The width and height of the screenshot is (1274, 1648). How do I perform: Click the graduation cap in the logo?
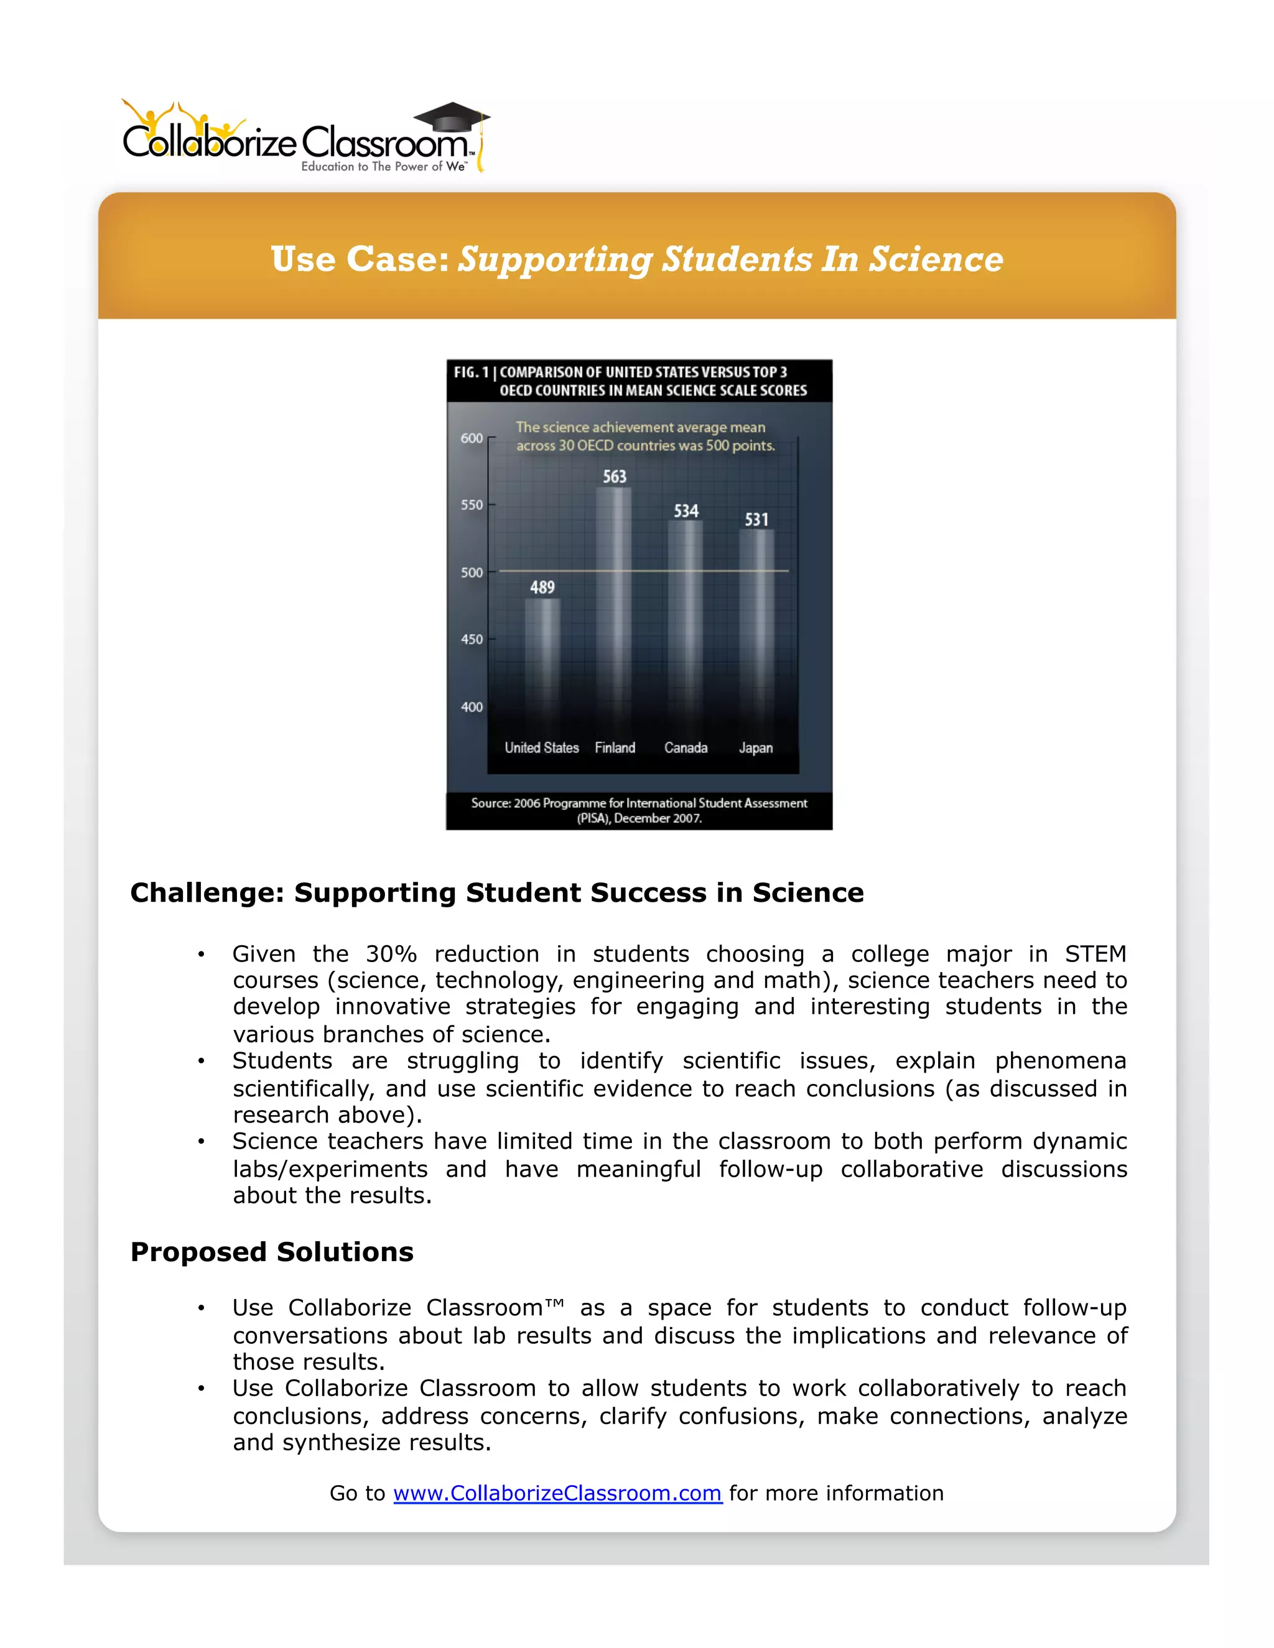pyautogui.click(x=452, y=118)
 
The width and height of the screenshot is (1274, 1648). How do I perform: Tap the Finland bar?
pyautogui.click(x=613, y=604)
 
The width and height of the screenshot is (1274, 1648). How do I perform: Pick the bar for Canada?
pyautogui.click(x=686, y=619)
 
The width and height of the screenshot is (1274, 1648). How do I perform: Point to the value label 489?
pyautogui.click(x=542, y=587)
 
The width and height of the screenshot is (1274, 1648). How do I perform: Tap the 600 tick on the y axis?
pyautogui.click(x=472, y=438)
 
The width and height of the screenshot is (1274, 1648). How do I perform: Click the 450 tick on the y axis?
pyautogui.click(x=472, y=639)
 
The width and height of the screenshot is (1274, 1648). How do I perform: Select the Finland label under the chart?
pyautogui.click(x=615, y=748)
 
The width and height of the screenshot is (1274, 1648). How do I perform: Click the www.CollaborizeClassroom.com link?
pyautogui.click(x=557, y=1493)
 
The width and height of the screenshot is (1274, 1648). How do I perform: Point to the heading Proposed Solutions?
pyautogui.click(x=272, y=1252)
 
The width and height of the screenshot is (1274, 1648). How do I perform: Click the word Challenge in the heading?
pyautogui.click(x=206, y=892)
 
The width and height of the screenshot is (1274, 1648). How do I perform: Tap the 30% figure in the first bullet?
pyautogui.click(x=391, y=954)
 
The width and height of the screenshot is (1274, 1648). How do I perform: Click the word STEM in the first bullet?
pyautogui.click(x=1095, y=954)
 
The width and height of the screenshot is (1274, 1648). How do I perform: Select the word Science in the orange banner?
pyautogui.click(x=936, y=259)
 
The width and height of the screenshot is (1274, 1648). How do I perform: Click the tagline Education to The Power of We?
pyautogui.click(x=383, y=166)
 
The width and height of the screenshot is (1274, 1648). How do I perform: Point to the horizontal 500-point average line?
pyautogui.click(x=644, y=570)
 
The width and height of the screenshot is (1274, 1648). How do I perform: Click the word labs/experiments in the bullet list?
pyautogui.click(x=330, y=1169)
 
